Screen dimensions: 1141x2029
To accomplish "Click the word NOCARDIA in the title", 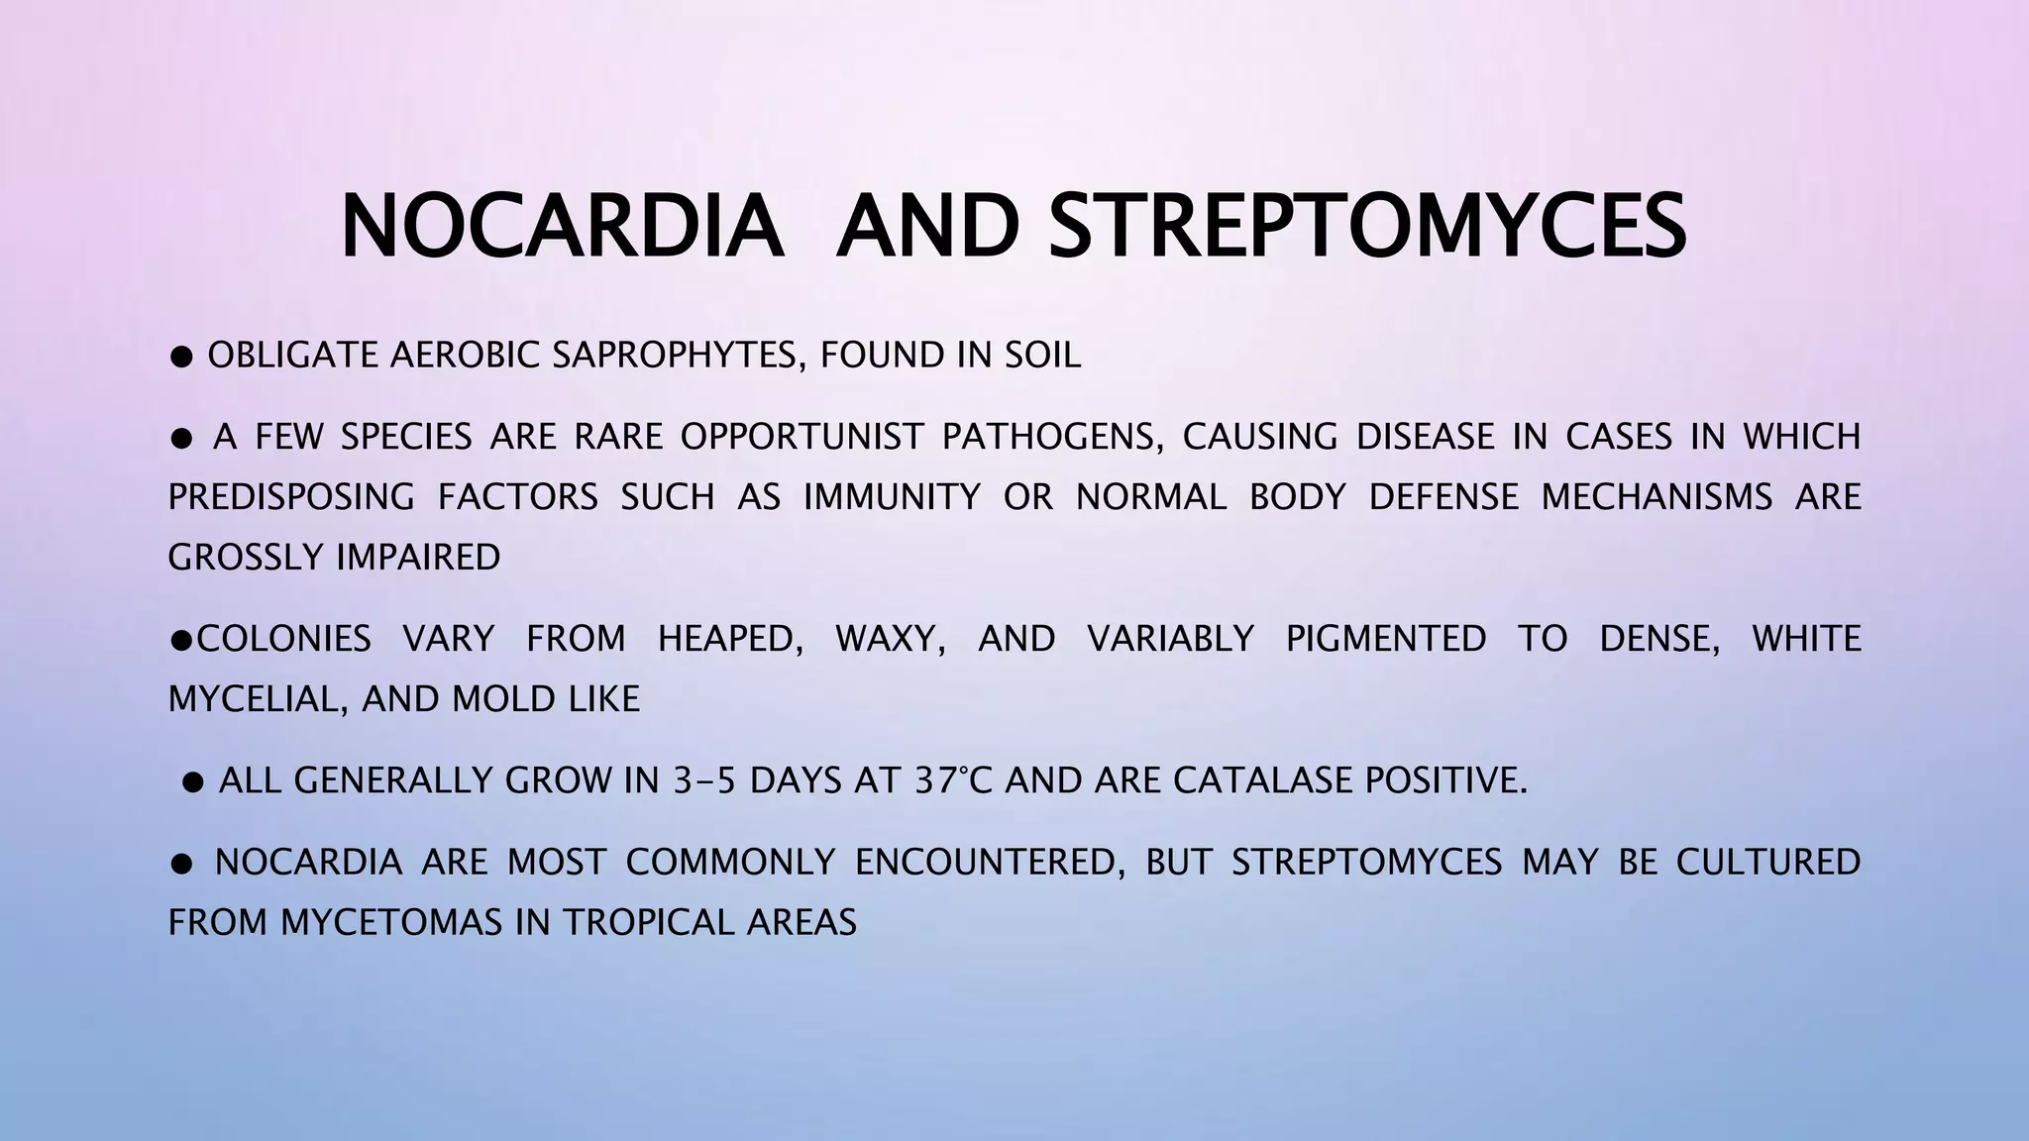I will click(561, 227).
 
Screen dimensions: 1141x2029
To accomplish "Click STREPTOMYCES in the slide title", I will click(1367, 227).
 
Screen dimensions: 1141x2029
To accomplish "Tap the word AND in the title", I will click(926, 227).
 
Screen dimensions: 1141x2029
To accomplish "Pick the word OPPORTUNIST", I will click(801, 436).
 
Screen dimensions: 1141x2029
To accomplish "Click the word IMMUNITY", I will click(892, 496).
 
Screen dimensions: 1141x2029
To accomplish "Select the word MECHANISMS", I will click(1656, 496).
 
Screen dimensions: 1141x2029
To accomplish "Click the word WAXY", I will click(890, 639).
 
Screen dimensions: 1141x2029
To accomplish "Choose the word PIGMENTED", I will click(1386, 639).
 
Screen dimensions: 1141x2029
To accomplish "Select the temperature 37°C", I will click(952, 780).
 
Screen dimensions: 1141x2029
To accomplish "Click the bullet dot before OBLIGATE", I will click(181, 357).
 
